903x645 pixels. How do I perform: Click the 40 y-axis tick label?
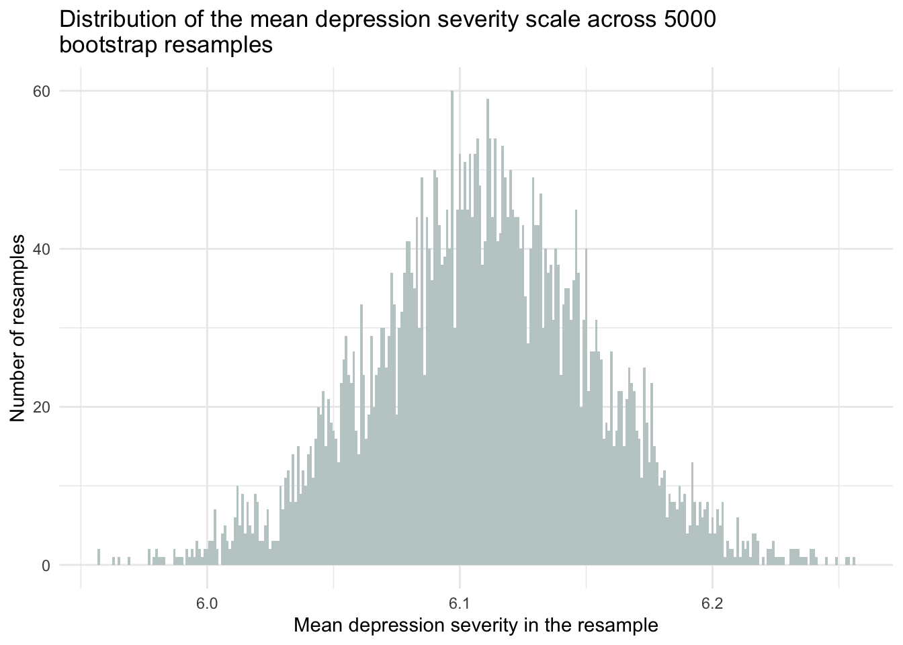42,249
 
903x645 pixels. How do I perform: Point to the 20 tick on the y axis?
42,407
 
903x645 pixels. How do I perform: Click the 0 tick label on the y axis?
46,565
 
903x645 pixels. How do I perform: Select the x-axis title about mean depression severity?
476,626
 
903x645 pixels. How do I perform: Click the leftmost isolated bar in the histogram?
99,557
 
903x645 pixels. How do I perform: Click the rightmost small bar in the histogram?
854,561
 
